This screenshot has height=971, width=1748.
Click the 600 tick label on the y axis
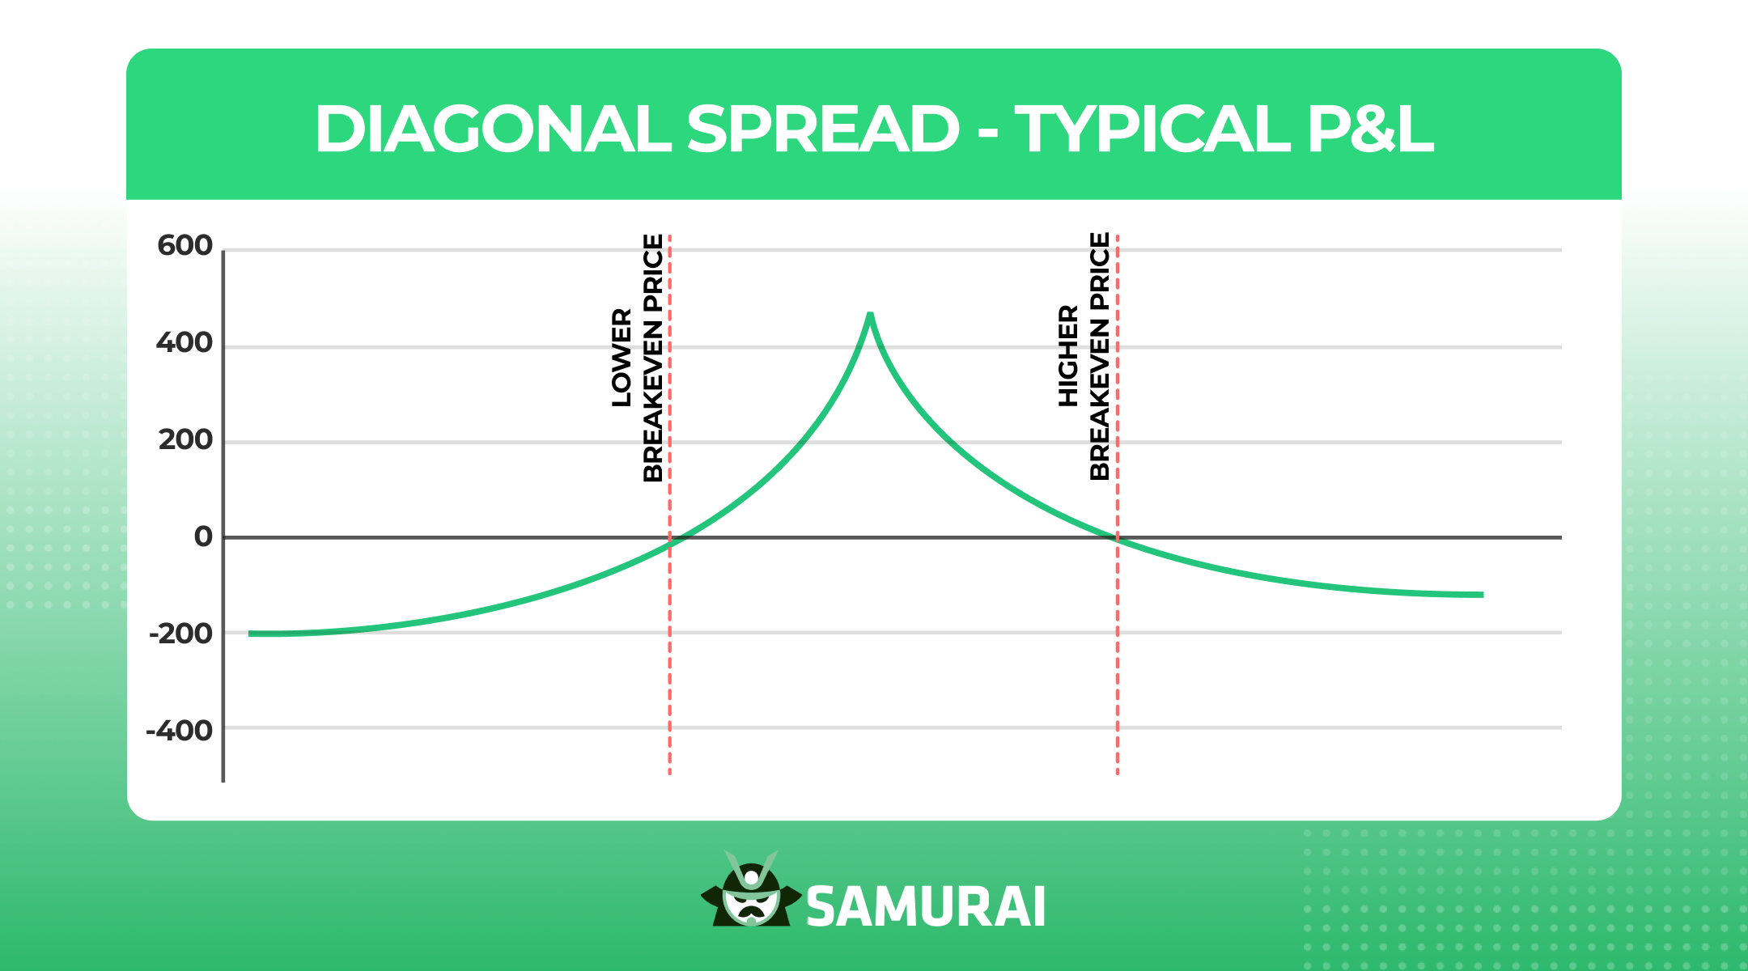(185, 245)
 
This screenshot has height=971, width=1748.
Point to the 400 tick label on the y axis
(185, 343)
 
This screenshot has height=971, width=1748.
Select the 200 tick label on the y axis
(185, 440)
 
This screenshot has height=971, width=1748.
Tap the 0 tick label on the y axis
(203, 536)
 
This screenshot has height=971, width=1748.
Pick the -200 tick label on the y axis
(180, 634)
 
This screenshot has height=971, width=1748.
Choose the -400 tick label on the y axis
(179, 731)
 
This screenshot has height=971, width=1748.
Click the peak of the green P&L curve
(870, 315)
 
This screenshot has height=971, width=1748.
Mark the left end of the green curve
(250, 634)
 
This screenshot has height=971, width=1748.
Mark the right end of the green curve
(1482, 595)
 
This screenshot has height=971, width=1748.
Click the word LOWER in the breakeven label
(622, 357)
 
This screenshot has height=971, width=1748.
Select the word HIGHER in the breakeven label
(1069, 356)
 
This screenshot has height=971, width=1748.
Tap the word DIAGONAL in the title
(492, 129)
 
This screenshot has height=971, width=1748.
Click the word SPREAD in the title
(823, 129)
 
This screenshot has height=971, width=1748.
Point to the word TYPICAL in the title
(1152, 129)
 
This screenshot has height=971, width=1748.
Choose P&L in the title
(1370, 129)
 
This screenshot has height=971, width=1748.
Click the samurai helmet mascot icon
(751, 892)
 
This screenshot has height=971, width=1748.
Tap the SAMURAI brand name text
(926, 907)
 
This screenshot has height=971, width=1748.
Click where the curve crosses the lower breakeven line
(670, 545)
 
